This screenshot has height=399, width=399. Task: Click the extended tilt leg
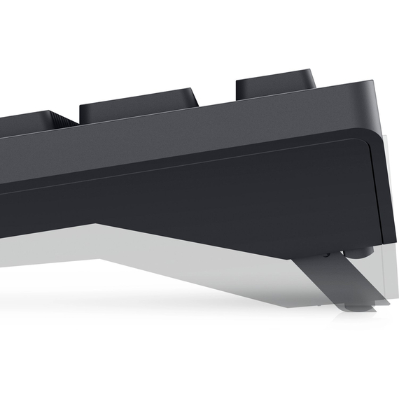[335, 280]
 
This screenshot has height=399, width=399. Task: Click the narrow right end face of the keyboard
[384, 175]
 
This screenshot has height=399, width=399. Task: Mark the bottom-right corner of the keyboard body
[384, 241]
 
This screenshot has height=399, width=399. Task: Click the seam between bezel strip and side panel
[210, 158]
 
